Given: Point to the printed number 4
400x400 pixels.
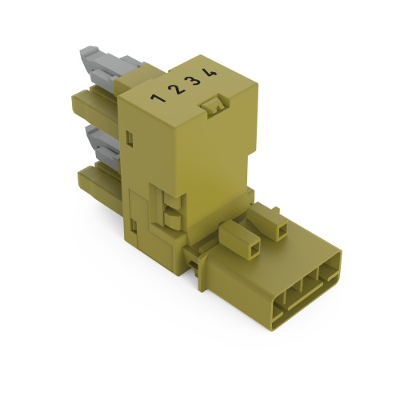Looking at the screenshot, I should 210,74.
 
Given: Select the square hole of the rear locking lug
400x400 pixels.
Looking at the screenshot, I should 282,230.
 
